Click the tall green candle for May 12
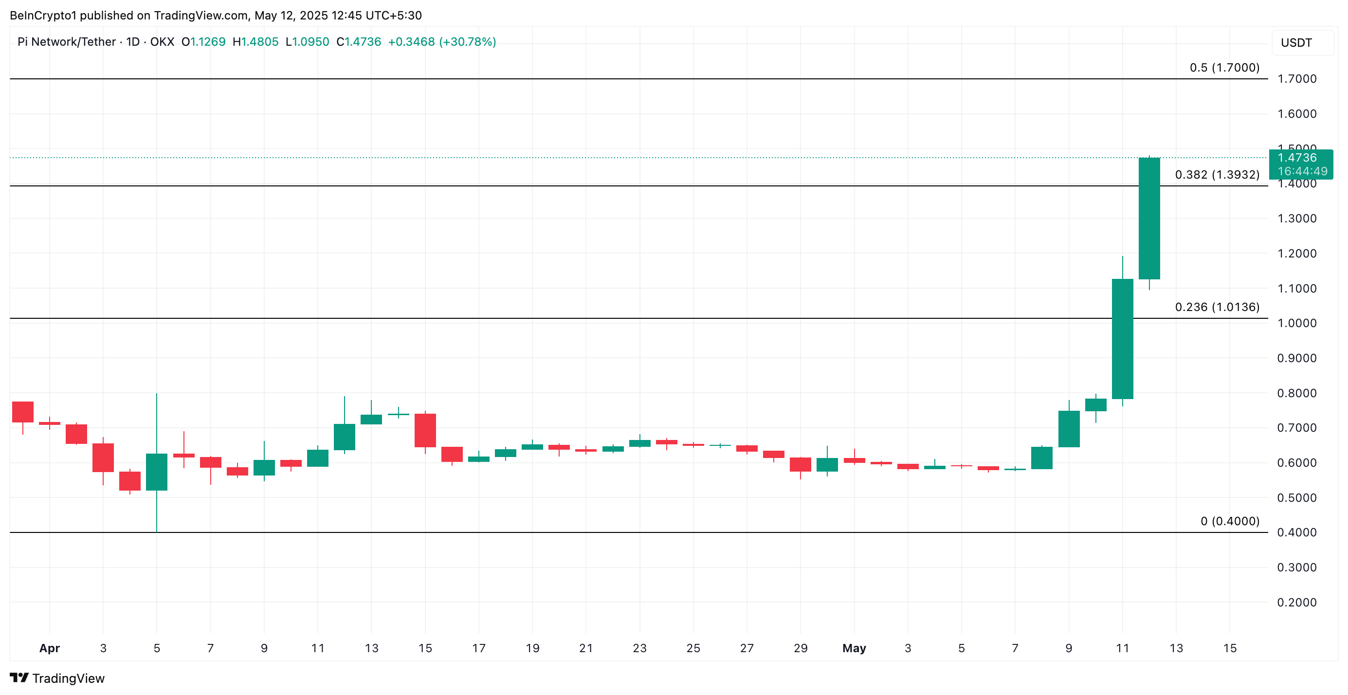[1149, 218]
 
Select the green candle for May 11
[1123, 339]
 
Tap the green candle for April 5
[157, 472]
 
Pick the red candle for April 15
[425, 430]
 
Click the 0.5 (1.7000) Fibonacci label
[1224, 68]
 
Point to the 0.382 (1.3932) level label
[1217, 175]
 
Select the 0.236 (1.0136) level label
[1217, 307]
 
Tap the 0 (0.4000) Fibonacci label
[1230, 521]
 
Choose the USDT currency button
[1296, 43]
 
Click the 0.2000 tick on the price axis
[1297, 603]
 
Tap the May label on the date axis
[854, 648]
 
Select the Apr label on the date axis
[50, 648]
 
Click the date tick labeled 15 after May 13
[1230, 648]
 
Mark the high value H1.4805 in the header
[255, 42]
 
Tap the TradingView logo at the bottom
[57, 678]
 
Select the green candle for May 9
[1069, 429]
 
